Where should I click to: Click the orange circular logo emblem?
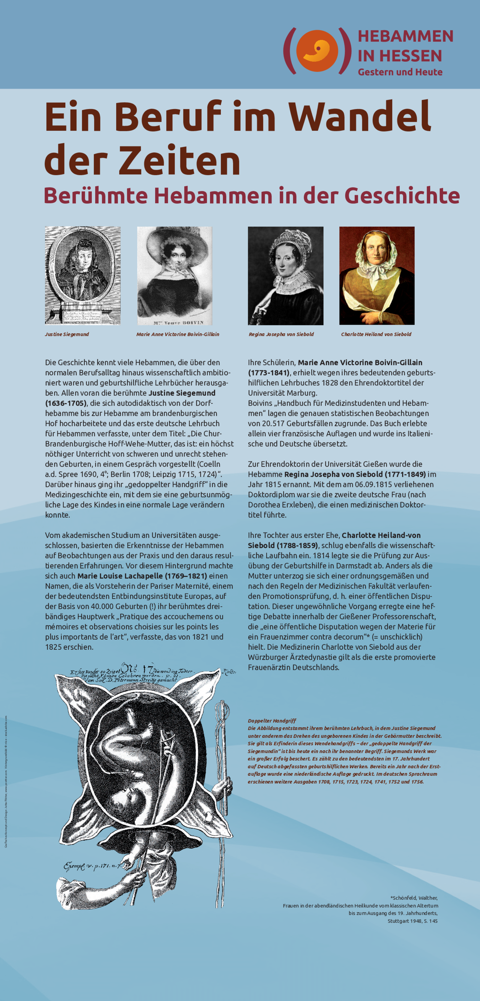tap(317, 51)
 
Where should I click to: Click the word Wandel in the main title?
tap(360, 117)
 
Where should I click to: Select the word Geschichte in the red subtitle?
tap(402, 195)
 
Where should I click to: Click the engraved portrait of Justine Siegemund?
tap(82, 275)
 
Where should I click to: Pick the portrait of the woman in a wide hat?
tap(174, 275)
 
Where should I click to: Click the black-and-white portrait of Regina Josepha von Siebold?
tap(285, 275)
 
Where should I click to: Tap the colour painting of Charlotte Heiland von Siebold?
tap(376, 275)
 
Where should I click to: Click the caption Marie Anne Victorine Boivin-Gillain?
tap(178, 334)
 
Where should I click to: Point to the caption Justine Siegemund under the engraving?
tap(67, 334)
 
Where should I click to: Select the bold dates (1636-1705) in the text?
tap(66, 403)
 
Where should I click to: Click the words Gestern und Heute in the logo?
tap(400, 72)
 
